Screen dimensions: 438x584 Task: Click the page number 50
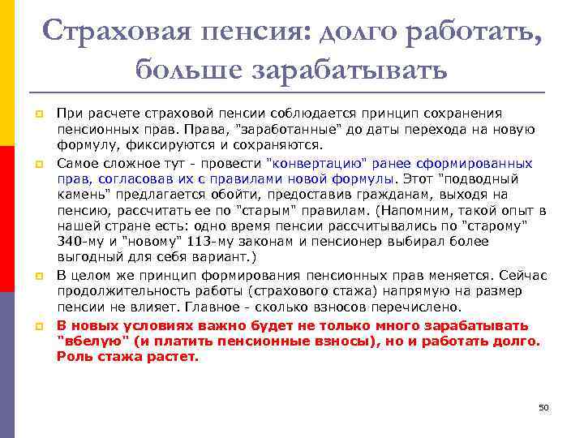pos(543,406)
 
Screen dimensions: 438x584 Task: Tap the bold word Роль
pos(72,356)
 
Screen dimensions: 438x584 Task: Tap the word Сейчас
pos(523,275)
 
